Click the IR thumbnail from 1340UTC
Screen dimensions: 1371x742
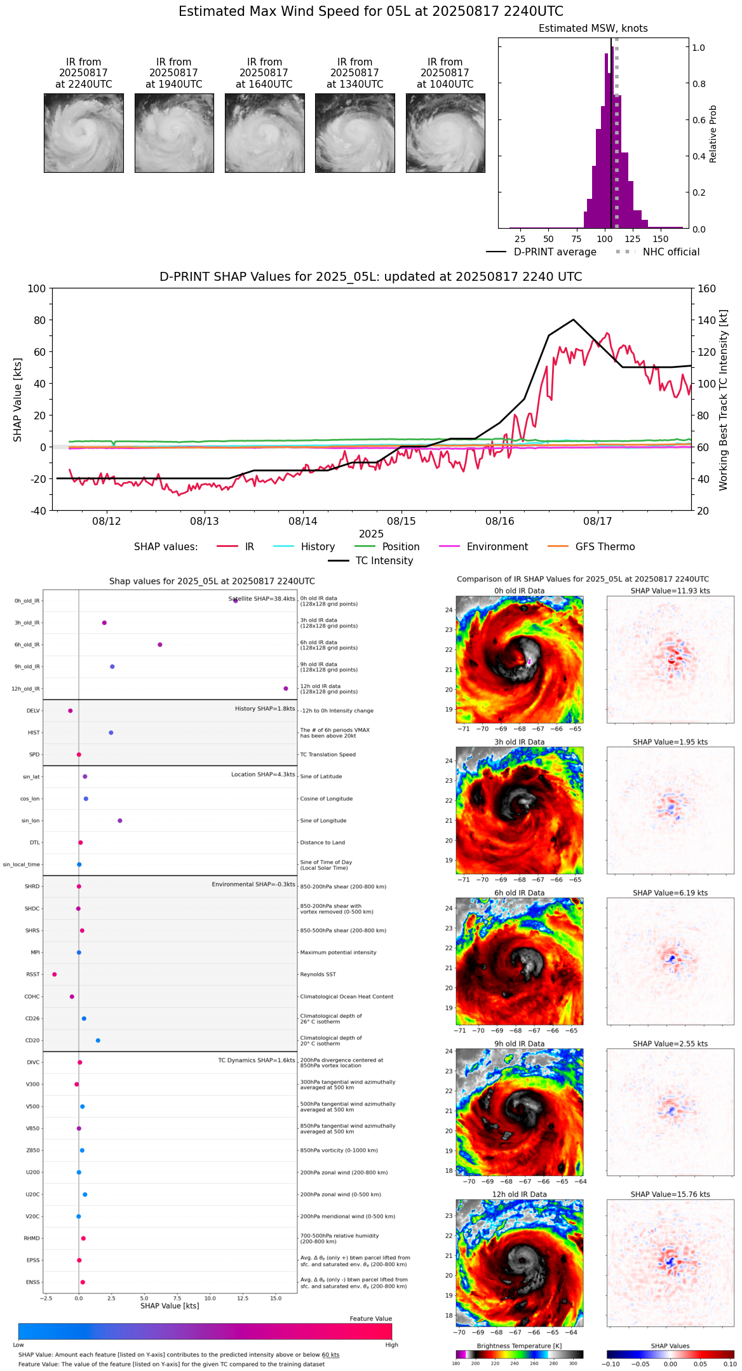pos(354,133)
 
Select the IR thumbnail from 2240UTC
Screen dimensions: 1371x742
pos(84,133)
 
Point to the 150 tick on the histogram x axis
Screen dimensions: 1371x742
pos(661,240)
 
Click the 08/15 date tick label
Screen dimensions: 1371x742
pos(401,522)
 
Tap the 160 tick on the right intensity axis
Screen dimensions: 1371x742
pos(706,289)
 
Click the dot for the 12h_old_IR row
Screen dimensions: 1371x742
pos(286,689)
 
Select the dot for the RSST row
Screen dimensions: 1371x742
pos(55,975)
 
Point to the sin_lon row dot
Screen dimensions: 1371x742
pos(120,821)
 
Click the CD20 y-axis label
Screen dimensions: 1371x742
pos(32,1041)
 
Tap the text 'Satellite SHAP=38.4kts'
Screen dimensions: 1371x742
pos(262,599)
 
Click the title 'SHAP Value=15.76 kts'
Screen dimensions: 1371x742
pos(670,1195)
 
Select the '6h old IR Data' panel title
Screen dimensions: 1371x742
pos(519,893)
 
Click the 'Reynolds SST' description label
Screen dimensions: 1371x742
pos(318,975)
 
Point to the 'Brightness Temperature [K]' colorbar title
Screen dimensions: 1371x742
pos(519,1346)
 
